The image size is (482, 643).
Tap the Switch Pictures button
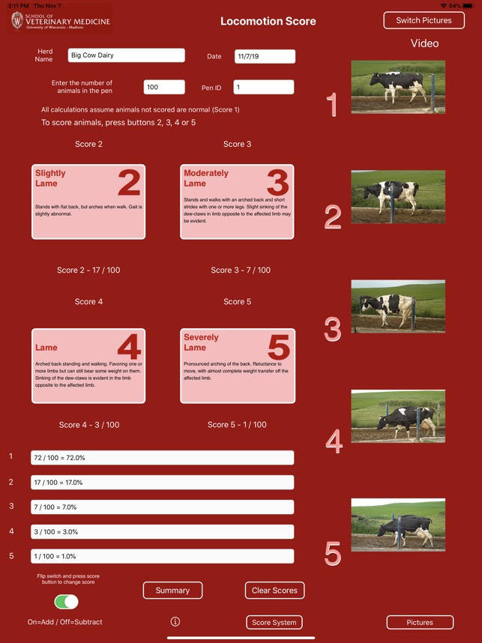click(424, 20)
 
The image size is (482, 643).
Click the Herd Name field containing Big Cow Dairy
click(126, 55)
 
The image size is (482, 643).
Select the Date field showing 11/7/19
click(264, 56)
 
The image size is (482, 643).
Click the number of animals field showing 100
click(163, 87)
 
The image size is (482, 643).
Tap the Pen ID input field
click(263, 87)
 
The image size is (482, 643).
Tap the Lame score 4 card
click(88, 366)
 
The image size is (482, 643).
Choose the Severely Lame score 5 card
click(238, 366)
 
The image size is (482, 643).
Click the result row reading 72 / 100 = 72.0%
click(162, 457)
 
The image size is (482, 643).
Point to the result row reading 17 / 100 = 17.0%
click(162, 482)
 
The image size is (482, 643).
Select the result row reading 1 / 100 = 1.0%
click(162, 556)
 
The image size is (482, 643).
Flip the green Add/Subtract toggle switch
click(67, 602)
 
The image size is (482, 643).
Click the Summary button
click(172, 591)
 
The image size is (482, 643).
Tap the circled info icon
click(175, 621)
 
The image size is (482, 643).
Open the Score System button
click(274, 622)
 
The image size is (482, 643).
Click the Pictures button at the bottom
click(420, 622)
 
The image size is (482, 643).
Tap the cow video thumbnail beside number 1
click(398, 87)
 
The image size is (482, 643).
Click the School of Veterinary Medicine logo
click(60, 20)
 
